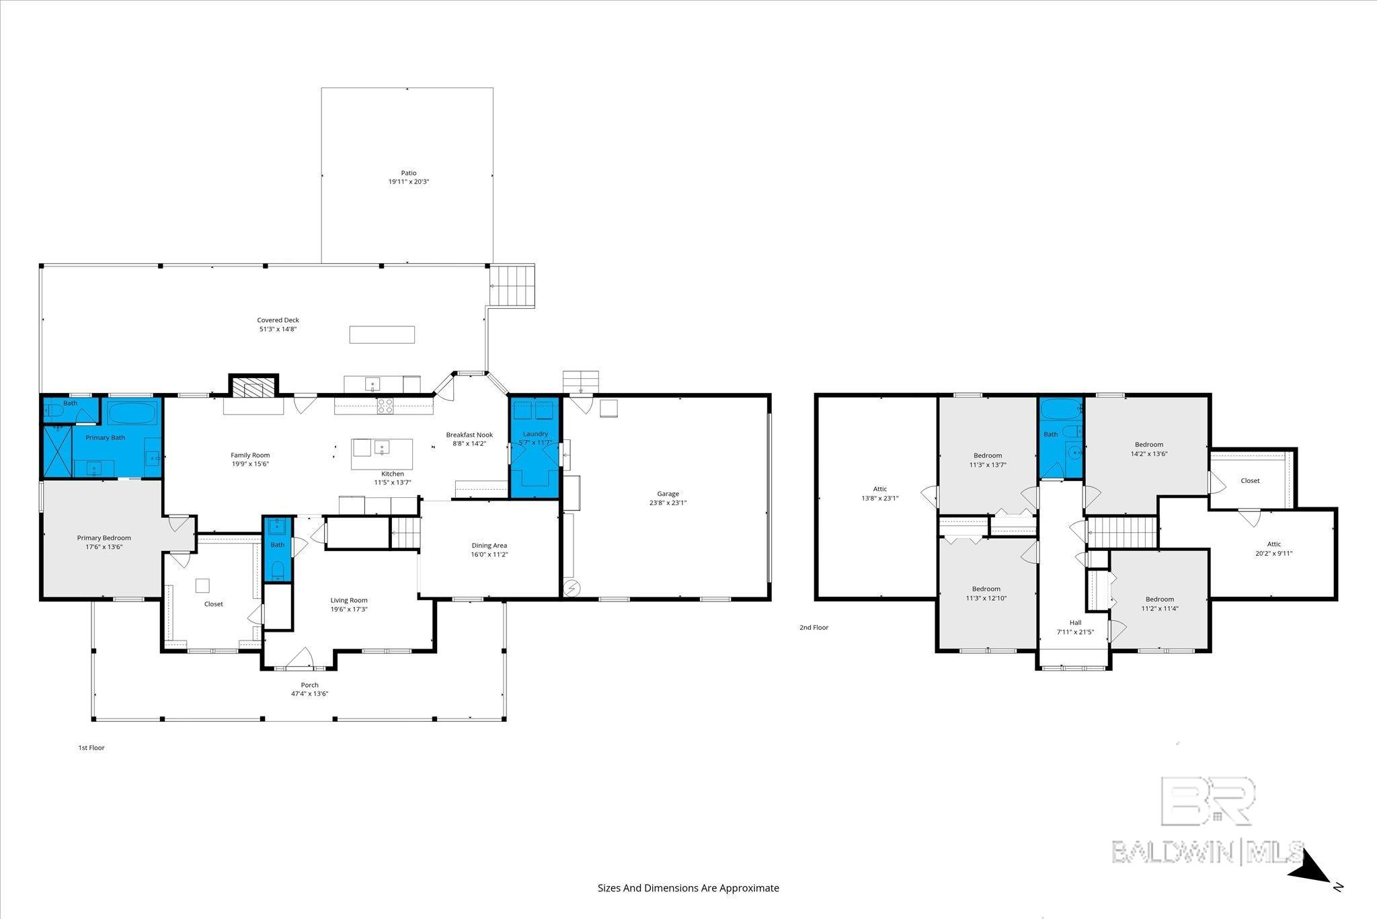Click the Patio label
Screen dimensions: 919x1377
tap(409, 173)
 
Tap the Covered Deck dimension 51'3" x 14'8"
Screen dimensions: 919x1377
tap(278, 330)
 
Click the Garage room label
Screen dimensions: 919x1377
tap(668, 494)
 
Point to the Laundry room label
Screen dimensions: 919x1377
tap(535, 434)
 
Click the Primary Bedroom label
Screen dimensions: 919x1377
tap(104, 538)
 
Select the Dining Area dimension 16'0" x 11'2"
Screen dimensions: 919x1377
tap(489, 554)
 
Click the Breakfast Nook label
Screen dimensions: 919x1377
tap(469, 435)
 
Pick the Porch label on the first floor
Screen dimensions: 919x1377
tap(309, 685)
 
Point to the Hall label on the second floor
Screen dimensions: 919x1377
tap(1075, 622)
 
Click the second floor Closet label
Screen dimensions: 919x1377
tap(1250, 480)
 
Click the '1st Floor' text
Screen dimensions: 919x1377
tap(91, 747)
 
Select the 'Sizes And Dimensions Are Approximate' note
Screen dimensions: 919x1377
tap(688, 888)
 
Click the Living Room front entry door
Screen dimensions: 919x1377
tap(299, 659)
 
